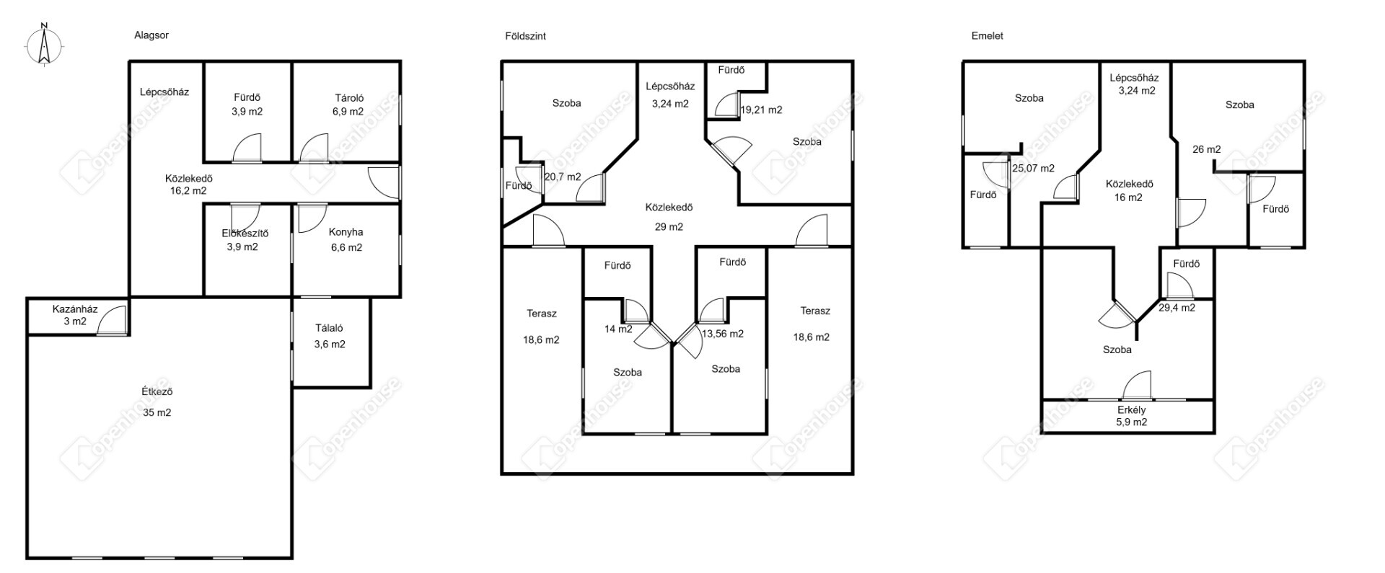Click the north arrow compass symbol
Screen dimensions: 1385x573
tap(44, 45)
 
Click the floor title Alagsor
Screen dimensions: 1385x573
tap(151, 35)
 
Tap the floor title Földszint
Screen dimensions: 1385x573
tap(525, 35)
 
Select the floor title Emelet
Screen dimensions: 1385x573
tap(988, 35)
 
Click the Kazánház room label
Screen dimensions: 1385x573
tap(75, 309)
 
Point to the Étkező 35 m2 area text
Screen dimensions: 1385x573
tap(157, 413)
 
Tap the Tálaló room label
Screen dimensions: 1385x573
tap(329, 328)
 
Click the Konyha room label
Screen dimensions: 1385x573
tap(346, 232)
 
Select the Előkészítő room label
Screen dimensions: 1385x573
tap(245, 233)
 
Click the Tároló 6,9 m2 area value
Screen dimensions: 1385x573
tap(348, 112)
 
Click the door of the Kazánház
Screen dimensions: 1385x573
tap(113, 320)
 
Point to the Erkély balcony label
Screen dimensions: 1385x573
tap(1132, 410)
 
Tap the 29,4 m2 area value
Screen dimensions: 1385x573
tap(1177, 308)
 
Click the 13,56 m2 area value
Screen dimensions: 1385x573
tap(722, 334)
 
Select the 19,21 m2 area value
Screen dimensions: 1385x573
tap(762, 110)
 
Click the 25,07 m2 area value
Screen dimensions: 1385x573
tap(1033, 169)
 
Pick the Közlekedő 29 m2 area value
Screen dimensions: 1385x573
tap(669, 226)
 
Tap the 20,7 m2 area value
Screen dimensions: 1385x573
tap(563, 177)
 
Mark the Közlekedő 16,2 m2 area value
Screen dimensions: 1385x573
tap(188, 192)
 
